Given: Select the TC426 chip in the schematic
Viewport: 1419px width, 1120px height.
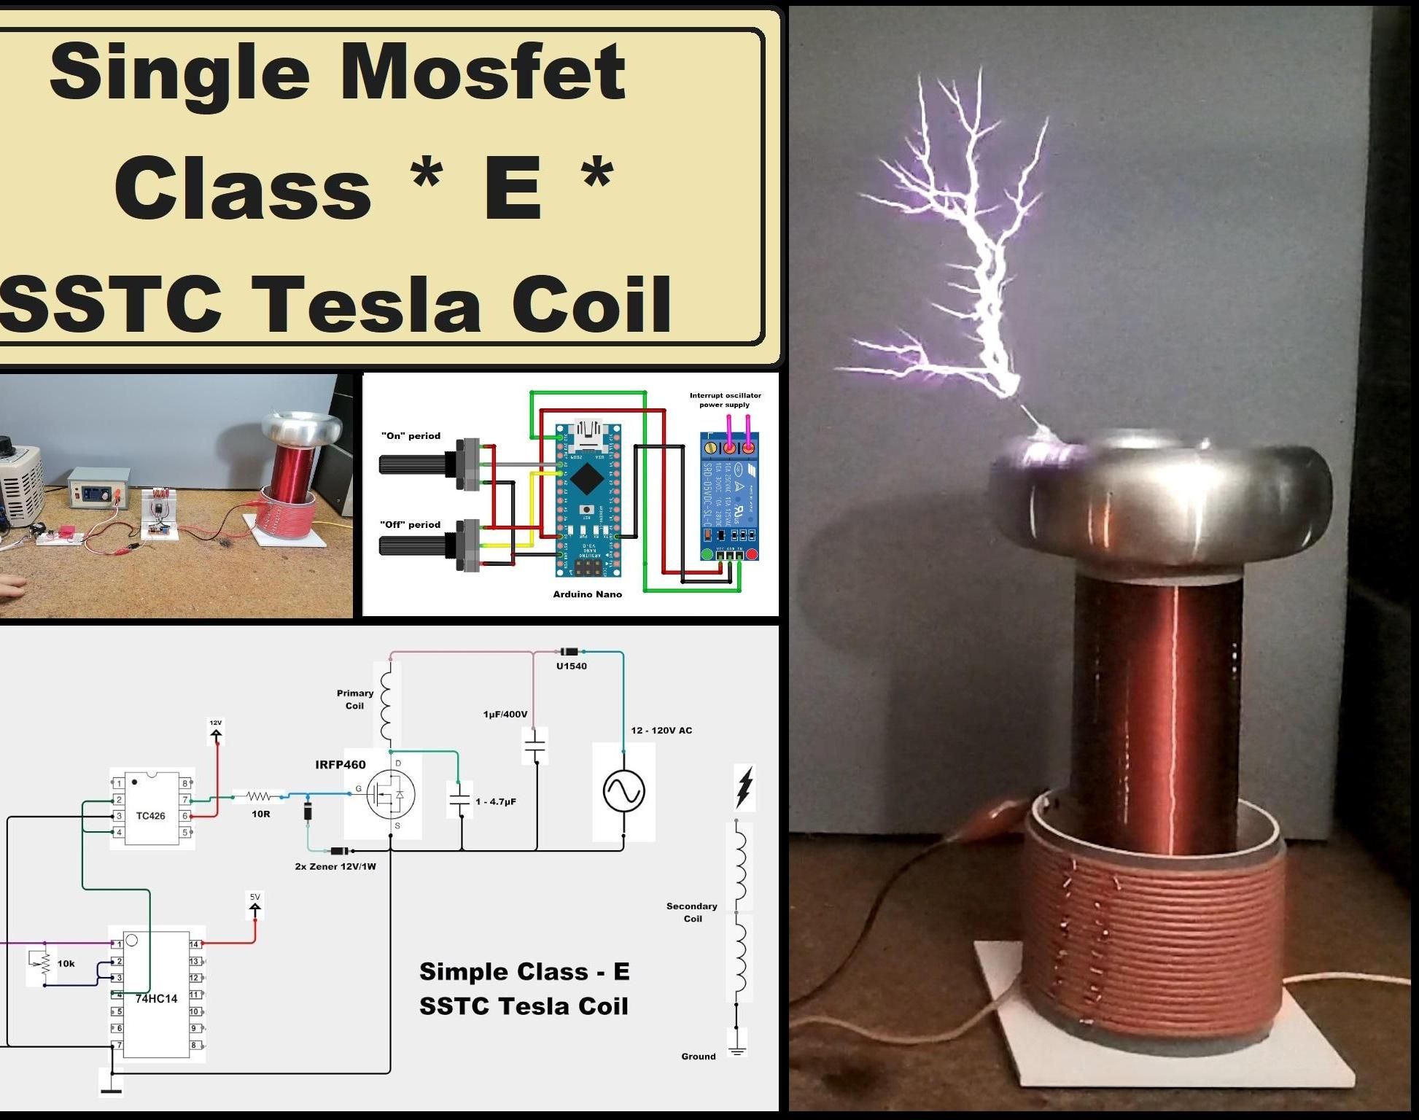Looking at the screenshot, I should (151, 809).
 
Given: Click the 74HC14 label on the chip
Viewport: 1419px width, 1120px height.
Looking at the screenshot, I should (156, 998).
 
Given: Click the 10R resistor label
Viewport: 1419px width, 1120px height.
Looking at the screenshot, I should (260, 814).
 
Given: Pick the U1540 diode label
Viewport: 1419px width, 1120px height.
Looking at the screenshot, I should (571, 666).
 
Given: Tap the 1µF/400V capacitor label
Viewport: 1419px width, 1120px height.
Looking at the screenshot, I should (505, 715).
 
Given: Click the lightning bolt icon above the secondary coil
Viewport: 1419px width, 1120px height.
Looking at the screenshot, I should (744, 787).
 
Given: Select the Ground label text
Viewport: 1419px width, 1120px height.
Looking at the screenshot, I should (698, 1057).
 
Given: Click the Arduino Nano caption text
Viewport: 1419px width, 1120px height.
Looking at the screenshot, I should (587, 594).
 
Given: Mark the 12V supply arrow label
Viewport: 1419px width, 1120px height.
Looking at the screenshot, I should (216, 723).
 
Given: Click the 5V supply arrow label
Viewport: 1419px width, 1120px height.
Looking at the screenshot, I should (254, 898).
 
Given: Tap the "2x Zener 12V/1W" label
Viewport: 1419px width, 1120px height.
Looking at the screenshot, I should (335, 867).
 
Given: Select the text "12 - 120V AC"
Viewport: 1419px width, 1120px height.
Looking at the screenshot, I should (661, 731).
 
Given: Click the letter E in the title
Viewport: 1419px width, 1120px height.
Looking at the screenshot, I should (513, 188).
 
